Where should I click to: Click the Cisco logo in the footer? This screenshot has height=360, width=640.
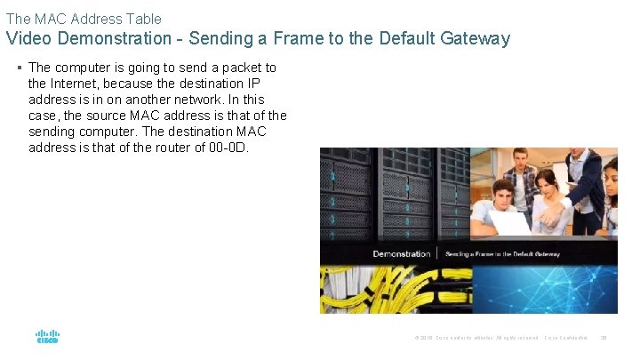(x=47, y=338)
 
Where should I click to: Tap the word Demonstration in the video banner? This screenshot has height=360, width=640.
(x=402, y=254)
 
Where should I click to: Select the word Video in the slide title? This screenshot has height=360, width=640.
(x=28, y=38)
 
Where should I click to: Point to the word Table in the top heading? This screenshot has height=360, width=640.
(x=143, y=18)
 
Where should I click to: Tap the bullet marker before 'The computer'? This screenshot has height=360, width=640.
(x=20, y=68)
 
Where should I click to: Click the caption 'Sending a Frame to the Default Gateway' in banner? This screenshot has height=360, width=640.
(x=502, y=254)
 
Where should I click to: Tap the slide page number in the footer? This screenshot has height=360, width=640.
(x=604, y=338)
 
